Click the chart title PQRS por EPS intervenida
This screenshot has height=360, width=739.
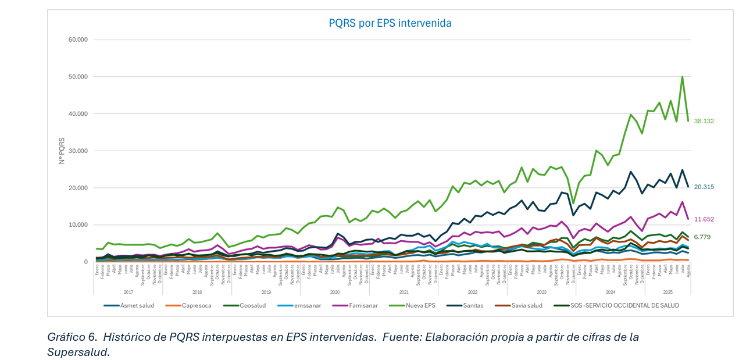390,23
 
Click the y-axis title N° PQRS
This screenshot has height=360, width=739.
62,151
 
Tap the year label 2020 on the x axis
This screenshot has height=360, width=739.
335,292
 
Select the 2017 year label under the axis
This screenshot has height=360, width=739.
128,292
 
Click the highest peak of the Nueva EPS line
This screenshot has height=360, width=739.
682,77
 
